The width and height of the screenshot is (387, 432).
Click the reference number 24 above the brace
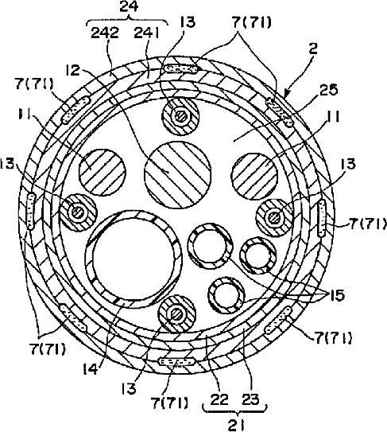(x=129, y=6)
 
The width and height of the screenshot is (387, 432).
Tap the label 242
(x=105, y=33)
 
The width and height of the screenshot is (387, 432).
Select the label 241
(x=147, y=33)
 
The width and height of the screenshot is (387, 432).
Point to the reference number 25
(x=329, y=90)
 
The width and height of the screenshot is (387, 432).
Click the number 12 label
(x=72, y=71)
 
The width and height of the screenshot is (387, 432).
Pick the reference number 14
(x=91, y=368)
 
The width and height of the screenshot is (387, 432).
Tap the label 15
(x=337, y=295)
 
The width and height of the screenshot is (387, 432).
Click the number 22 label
(x=219, y=399)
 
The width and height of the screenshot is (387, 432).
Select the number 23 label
(x=250, y=399)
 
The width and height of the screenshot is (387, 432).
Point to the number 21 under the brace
(x=237, y=426)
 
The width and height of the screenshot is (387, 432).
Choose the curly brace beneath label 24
(x=128, y=21)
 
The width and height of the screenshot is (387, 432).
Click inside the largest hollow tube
(x=134, y=258)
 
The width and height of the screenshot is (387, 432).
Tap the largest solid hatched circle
(x=178, y=175)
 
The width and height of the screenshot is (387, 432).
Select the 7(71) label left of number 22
(x=169, y=403)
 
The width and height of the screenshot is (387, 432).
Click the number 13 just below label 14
(x=129, y=388)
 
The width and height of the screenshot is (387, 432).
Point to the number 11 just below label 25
(x=332, y=117)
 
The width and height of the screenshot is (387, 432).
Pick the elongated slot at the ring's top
(x=180, y=69)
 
